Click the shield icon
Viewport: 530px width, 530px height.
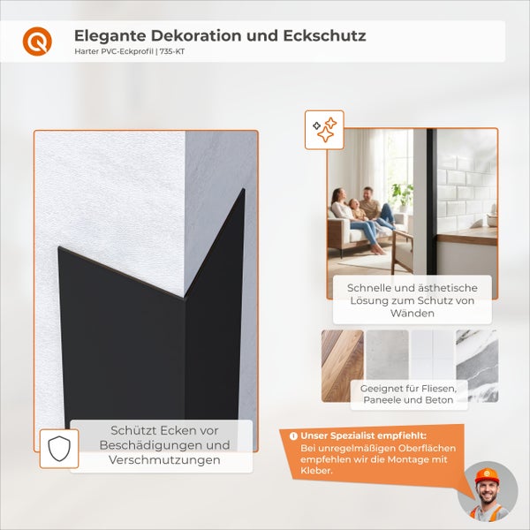point(57,449)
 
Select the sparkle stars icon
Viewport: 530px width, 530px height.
point(323,129)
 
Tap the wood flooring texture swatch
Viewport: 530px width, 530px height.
point(342,366)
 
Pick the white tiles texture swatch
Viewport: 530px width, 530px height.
point(432,353)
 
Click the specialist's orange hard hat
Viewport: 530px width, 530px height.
point(486,475)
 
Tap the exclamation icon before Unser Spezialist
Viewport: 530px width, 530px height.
point(292,435)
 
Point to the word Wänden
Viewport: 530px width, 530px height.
point(413,313)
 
